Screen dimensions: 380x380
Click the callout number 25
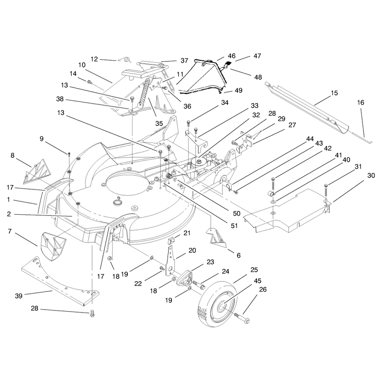[x=254, y=270]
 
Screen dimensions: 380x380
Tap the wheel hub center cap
[x=222, y=307]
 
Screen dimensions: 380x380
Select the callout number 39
[x=19, y=296]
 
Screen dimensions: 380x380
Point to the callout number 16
[x=361, y=103]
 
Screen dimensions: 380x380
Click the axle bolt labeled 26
[x=242, y=318]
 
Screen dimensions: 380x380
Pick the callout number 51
[x=234, y=226]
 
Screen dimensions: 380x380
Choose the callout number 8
[x=12, y=155]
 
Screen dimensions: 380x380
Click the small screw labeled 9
[x=69, y=154]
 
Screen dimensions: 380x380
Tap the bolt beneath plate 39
[x=92, y=313]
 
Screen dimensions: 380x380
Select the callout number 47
[x=257, y=56]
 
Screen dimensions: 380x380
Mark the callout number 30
[x=371, y=175]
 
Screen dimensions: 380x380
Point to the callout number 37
[x=184, y=60]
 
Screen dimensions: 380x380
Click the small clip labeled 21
[x=171, y=241]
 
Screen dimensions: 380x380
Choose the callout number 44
[x=310, y=139]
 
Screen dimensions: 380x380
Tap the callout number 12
[x=94, y=59]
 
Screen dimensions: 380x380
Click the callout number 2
[x=9, y=214]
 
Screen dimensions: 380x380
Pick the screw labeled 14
[x=89, y=82]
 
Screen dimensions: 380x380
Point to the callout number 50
[x=237, y=213]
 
